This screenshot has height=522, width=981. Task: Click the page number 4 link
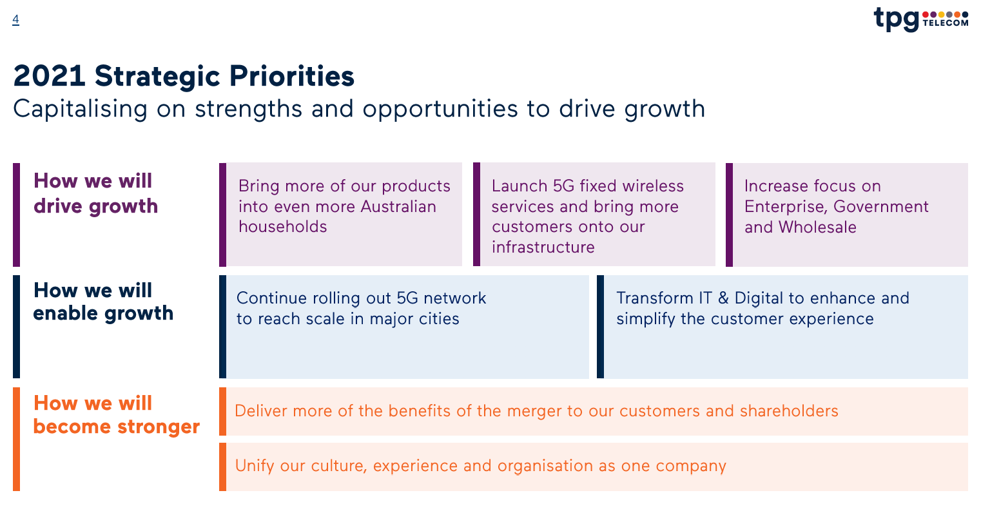15,19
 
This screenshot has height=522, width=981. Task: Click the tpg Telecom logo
921,19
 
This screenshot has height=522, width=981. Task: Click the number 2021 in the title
49,76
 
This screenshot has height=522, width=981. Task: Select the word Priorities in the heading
292,76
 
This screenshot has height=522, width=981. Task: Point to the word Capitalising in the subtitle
80,109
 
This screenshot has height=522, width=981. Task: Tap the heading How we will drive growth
96,193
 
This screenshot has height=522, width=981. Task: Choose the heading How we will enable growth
103,302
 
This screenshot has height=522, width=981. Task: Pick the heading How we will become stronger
117,414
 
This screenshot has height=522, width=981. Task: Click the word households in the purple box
283,227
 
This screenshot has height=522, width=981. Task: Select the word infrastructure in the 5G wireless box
543,247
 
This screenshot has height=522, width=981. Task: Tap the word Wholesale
817,227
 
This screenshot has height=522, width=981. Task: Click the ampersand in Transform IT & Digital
723,298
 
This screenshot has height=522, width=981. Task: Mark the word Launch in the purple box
520,186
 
